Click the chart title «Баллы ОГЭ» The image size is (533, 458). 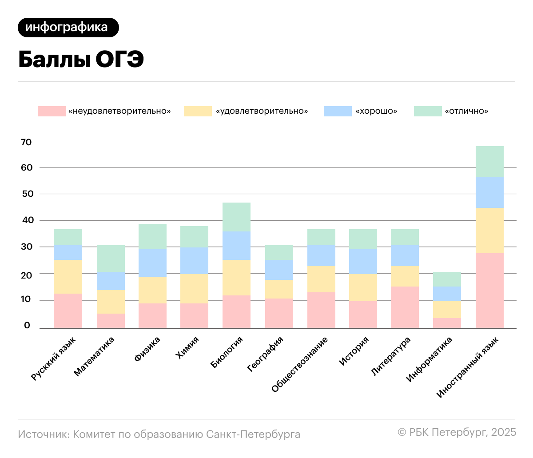[81, 60]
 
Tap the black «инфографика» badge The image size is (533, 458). [68, 28]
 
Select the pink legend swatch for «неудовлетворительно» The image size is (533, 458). [52, 111]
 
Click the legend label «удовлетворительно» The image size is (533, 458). [262, 111]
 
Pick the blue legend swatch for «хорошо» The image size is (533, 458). [338, 111]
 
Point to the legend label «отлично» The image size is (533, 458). [466, 111]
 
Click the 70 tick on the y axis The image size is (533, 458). [26, 142]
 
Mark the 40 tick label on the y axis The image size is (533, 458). [26, 220]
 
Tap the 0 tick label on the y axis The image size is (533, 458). [27, 326]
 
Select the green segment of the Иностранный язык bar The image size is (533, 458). [489, 162]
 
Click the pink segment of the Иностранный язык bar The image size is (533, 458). [489, 291]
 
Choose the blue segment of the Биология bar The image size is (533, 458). [236, 246]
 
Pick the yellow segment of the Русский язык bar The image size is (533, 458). [68, 277]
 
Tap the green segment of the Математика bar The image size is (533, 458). [111, 259]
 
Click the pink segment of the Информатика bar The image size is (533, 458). [447, 323]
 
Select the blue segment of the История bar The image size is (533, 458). [363, 262]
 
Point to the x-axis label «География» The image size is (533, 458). [266, 354]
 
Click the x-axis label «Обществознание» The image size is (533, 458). [300, 365]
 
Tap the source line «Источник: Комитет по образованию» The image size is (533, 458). [159, 434]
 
